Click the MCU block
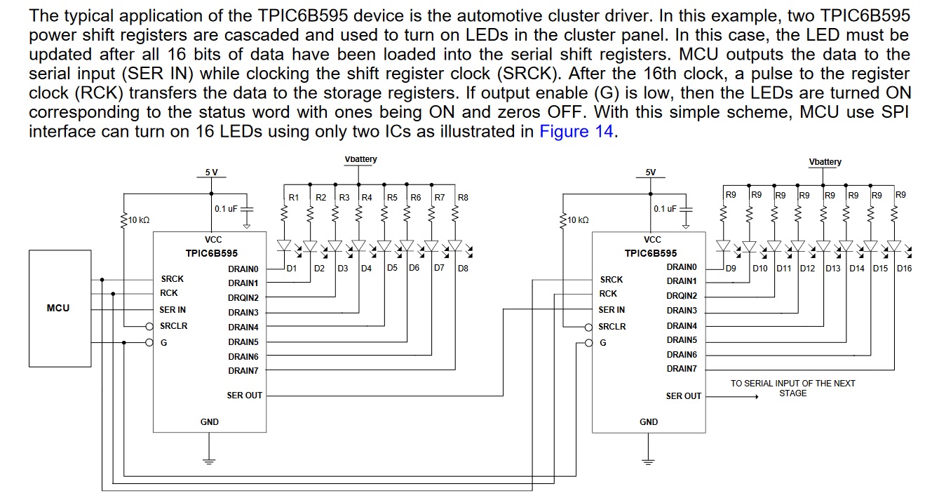coord(59,308)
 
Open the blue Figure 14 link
coord(576,131)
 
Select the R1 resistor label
coord(294,198)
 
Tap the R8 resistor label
coord(463,198)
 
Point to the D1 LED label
coord(292,268)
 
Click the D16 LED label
coord(904,268)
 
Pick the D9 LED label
coord(731,268)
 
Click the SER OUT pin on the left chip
coord(244,396)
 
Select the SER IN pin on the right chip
coord(612,309)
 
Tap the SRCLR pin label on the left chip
coord(173,326)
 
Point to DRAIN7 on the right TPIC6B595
coord(682,369)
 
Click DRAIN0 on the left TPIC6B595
coord(243,269)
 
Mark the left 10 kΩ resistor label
coord(139,220)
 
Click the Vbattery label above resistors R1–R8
coord(360,159)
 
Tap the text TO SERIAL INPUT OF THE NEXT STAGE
coord(792,388)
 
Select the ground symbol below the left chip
coord(209,461)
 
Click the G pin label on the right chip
coord(603,343)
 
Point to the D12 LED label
coord(807,268)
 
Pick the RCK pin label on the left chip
coord(169,293)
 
